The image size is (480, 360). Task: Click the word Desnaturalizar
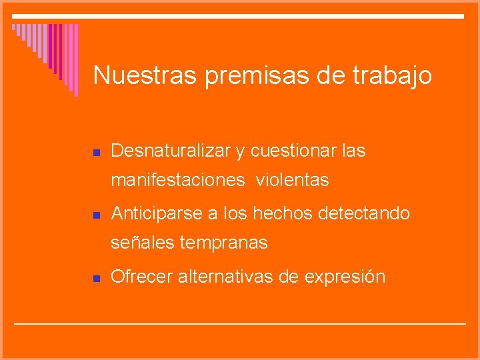click(171, 151)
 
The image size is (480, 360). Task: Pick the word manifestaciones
click(177, 180)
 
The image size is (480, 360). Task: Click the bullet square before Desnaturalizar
click(96, 153)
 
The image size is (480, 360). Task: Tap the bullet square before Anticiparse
click(96, 215)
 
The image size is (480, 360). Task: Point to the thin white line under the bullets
click(240, 323)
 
